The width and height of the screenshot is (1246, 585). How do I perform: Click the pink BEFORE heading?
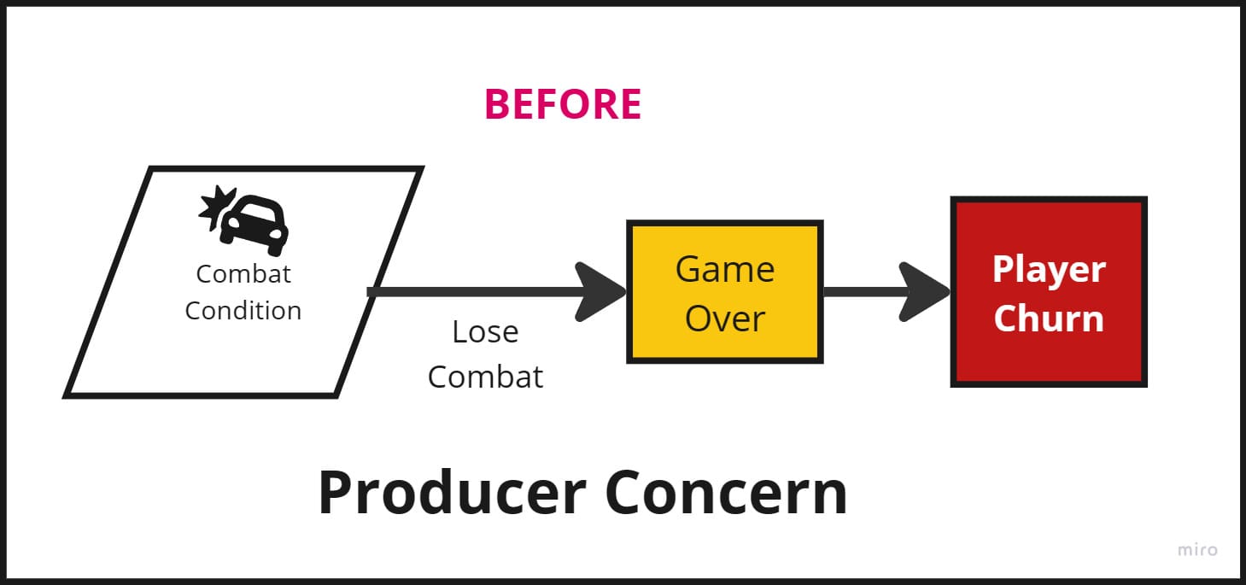point(563,104)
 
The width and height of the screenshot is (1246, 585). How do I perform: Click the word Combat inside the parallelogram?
point(243,273)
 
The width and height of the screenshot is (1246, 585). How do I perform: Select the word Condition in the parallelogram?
point(243,310)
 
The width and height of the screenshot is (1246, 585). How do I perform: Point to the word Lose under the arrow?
point(485,331)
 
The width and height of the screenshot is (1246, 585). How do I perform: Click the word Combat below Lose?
point(485,377)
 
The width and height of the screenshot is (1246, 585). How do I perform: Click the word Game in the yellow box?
point(725,270)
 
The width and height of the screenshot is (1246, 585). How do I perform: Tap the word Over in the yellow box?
point(725,319)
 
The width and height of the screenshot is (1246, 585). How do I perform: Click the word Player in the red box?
point(1049,270)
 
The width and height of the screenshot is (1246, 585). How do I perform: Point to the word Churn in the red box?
point(1049,319)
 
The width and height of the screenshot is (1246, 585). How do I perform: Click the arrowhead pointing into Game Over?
point(603,292)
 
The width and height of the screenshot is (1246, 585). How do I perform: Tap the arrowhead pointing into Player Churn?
point(926,292)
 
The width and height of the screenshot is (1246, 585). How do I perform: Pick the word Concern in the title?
point(726,493)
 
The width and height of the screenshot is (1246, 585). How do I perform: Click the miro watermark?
point(1197,550)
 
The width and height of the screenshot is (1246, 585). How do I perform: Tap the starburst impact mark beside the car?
point(216,205)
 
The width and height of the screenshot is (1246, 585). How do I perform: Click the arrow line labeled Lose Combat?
point(478,292)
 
